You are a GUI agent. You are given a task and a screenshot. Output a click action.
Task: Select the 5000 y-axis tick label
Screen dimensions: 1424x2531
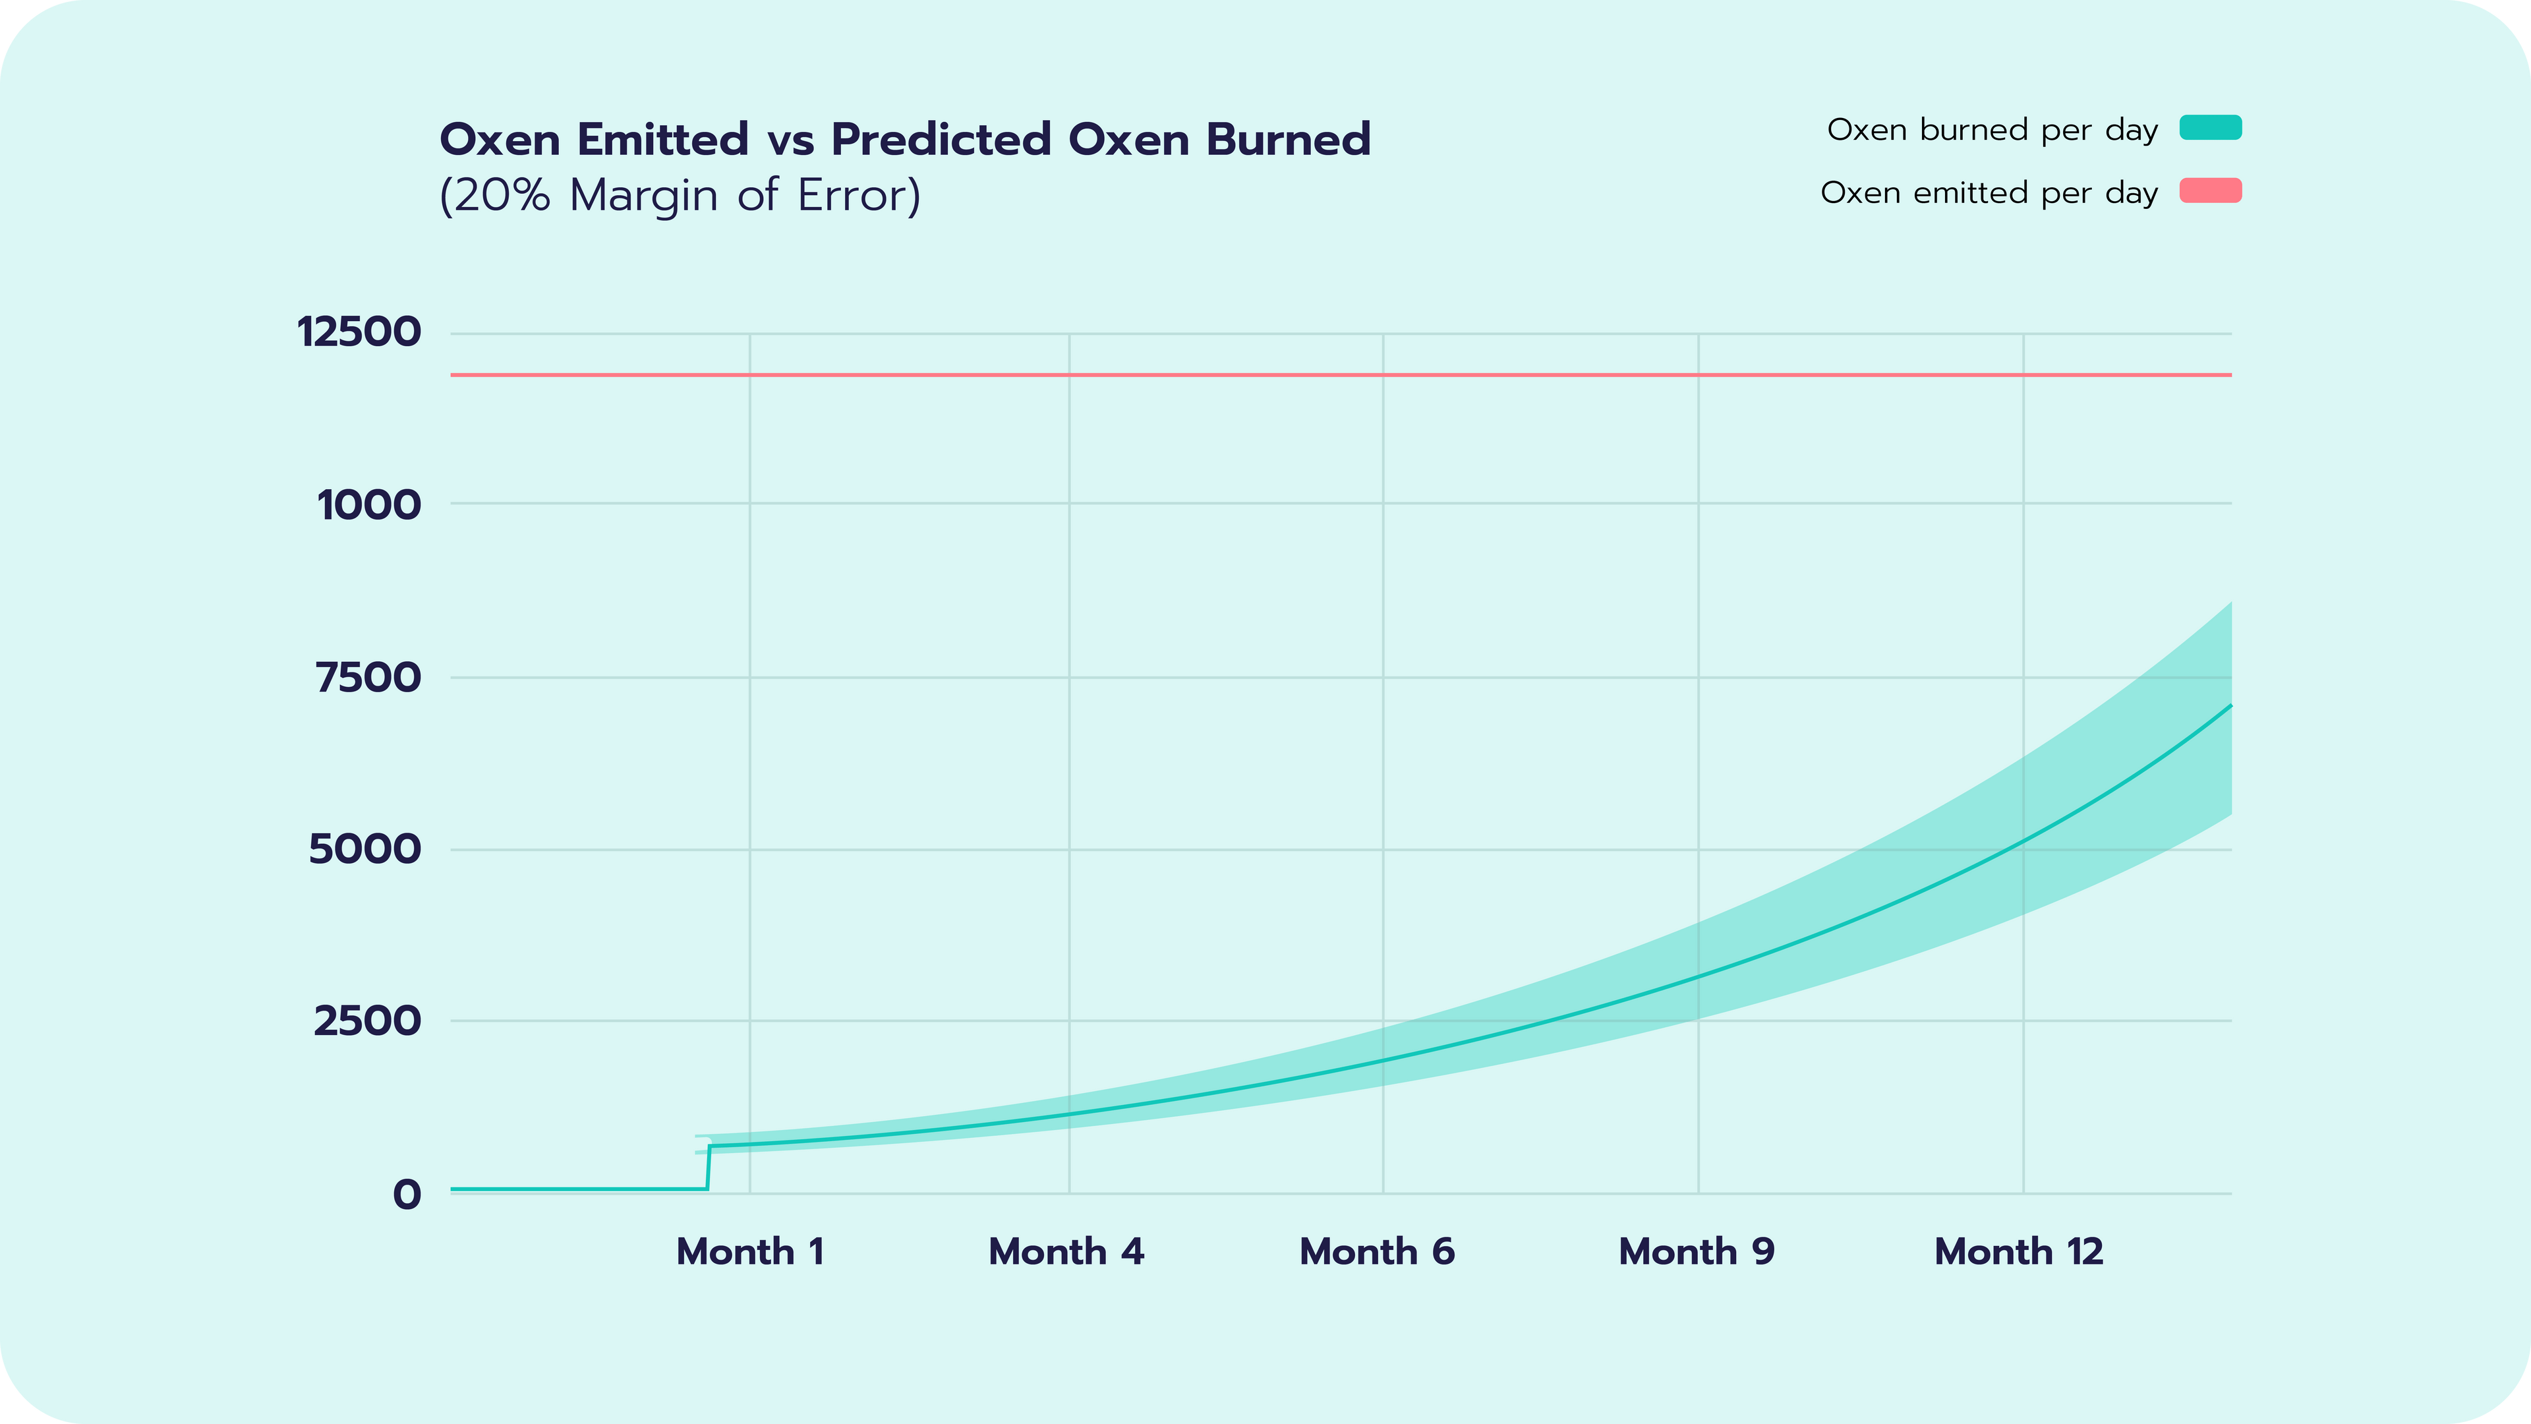[x=364, y=849]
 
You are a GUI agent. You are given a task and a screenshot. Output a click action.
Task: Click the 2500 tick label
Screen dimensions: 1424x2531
[x=366, y=1021]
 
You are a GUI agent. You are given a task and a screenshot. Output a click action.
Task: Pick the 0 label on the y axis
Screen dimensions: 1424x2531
[x=407, y=1195]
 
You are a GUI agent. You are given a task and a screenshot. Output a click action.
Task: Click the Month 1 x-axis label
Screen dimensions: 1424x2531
[x=749, y=1252]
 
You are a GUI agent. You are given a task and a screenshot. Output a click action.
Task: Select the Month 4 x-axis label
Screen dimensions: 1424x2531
[x=1066, y=1252]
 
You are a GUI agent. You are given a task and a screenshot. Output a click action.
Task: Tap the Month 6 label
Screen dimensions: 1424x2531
[x=1376, y=1252]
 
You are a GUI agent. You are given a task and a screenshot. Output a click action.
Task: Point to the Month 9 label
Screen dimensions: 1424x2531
[x=1696, y=1252]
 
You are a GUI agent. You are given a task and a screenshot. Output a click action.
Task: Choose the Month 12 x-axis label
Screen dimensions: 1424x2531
[x=2018, y=1252]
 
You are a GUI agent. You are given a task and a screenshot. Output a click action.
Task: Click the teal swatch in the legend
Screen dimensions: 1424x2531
[x=2210, y=128]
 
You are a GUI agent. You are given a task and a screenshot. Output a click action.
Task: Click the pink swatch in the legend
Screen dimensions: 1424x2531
[x=2210, y=191]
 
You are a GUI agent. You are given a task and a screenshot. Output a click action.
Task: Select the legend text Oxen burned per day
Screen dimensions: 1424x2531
[x=1992, y=130]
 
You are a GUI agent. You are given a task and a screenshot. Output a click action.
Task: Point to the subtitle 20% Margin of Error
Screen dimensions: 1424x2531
[x=680, y=196]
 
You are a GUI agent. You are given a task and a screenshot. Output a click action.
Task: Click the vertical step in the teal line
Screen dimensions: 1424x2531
[x=709, y=1168]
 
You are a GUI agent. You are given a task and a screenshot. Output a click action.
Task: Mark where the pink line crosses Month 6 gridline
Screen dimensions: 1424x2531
[x=1383, y=374]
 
